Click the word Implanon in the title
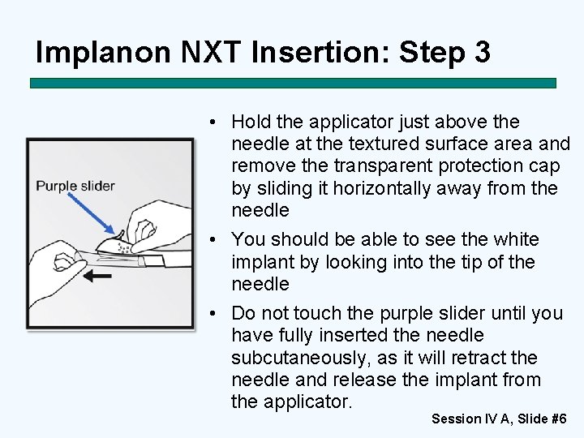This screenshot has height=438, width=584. [x=103, y=53]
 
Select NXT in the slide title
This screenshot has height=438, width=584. [x=210, y=51]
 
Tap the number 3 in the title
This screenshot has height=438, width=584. [x=483, y=51]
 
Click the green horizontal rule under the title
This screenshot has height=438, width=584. [x=293, y=83]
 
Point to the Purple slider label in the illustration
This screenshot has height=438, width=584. [x=75, y=186]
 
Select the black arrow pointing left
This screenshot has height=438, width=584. [x=97, y=276]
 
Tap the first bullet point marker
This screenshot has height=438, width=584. [x=213, y=122]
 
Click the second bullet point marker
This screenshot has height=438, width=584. [x=213, y=239]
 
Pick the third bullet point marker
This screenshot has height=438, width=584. [x=213, y=313]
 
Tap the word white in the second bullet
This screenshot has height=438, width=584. [x=516, y=239]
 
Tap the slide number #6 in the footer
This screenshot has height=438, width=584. [x=559, y=419]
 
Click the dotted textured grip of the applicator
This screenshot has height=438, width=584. [x=123, y=247]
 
